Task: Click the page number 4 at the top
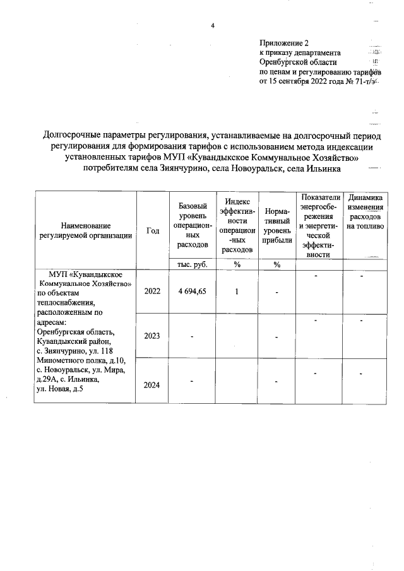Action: [x=213, y=26]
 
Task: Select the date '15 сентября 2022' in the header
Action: [x=306, y=81]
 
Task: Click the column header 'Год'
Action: [x=152, y=231]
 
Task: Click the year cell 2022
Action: [x=152, y=291]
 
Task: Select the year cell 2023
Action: [x=152, y=336]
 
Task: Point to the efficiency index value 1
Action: [x=237, y=291]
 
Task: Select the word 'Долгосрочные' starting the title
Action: [x=69, y=134]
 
